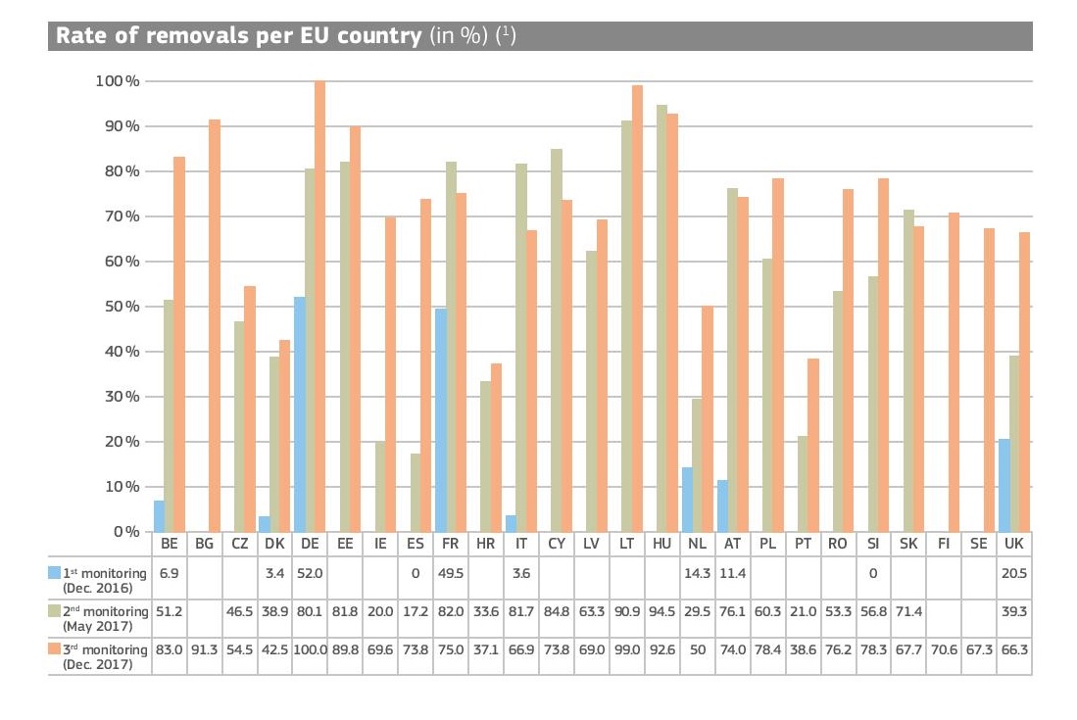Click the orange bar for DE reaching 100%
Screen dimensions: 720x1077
click(319, 306)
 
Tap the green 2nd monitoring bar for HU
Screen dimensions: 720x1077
click(661, 318)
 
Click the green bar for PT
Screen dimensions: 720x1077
click(803, 484)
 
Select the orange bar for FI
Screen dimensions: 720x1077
click(954, 372)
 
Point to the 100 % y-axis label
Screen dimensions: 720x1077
click(117, 80)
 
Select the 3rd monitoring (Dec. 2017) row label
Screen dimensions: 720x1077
click(104, 655)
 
